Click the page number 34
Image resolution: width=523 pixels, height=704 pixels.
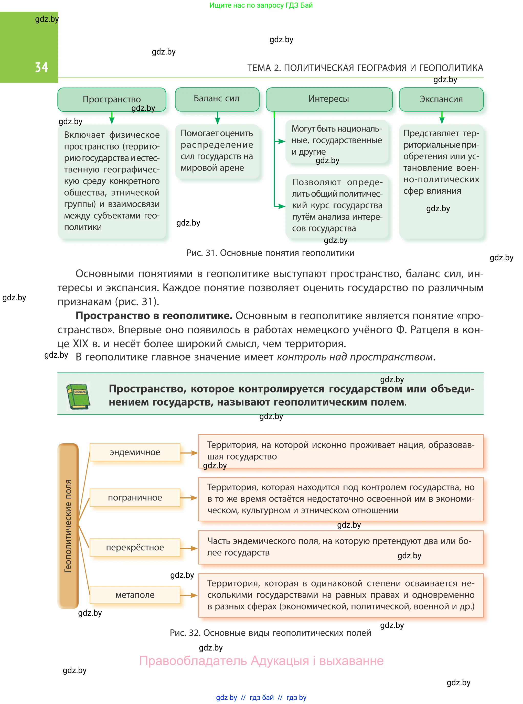pos(41,67)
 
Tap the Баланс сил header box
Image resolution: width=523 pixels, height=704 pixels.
pos(217,99)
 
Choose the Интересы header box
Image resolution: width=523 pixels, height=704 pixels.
pos(329,99)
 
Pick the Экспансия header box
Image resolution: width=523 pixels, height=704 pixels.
pos(441,99)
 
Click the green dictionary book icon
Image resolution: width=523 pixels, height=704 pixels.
pos(78,396)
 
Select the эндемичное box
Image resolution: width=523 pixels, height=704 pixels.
pos(135,452)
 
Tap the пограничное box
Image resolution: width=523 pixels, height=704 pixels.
pos(135,497)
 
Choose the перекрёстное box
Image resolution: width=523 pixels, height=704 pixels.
pos(135,547)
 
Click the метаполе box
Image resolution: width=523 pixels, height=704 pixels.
pos(135,595)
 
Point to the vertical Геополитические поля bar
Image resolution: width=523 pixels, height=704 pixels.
pos(68,526)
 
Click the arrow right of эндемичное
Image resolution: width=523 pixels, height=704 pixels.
pos(189,453)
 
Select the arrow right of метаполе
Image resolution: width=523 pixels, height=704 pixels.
pos(189,595)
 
